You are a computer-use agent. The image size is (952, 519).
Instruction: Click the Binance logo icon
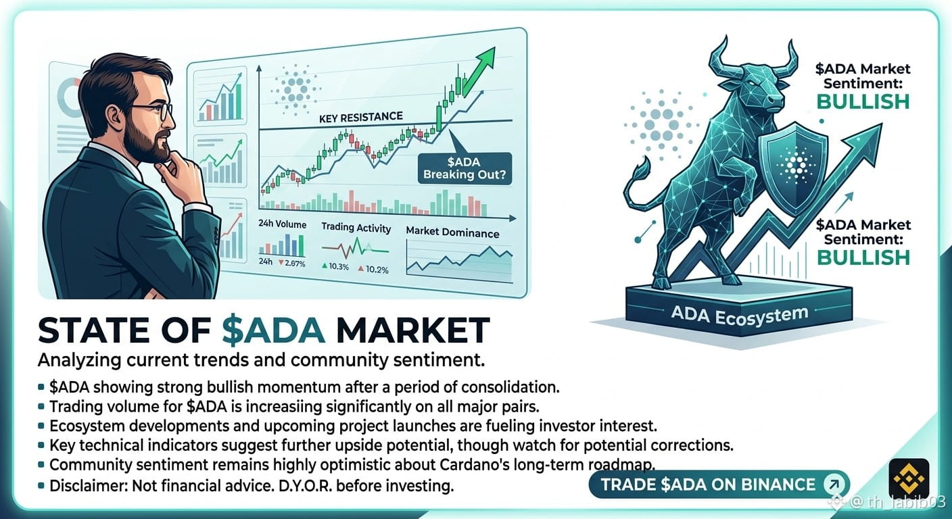click(909, 478)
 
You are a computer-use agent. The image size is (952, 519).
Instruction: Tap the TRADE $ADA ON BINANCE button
click(719, 485)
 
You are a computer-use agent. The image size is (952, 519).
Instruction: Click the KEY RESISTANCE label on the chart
click(361, 117)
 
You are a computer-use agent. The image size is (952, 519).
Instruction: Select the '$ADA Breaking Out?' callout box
click(465, 168)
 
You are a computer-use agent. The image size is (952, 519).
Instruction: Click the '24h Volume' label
click(282, 224)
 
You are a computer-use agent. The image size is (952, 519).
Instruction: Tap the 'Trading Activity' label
click(356, 228)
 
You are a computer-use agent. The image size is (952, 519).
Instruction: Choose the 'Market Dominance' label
click(452, 232)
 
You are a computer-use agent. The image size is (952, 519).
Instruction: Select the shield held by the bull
click(792, 168)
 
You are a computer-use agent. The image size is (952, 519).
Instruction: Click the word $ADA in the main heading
click(274, 330)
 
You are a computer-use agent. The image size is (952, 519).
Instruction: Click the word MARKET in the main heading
click(412, 330)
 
